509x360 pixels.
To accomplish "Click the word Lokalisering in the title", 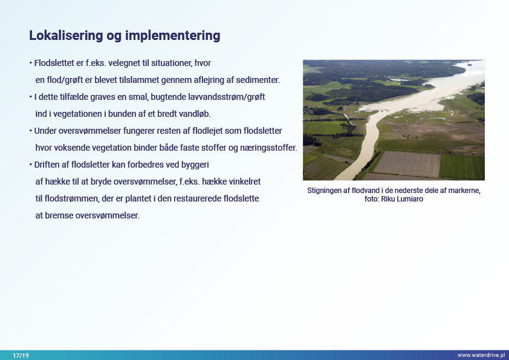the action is pos(66,36).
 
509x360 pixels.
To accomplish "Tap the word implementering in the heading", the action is pos(173,36).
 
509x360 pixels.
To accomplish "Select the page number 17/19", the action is pos(21,355).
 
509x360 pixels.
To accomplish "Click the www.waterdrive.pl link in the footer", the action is pos(481,355).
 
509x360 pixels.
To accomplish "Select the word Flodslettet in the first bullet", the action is pos(54,63).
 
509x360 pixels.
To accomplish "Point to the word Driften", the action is pos(47,165).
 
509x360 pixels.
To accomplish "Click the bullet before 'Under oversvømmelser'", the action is pos(30,131).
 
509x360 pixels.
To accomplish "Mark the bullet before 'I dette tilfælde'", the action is pos(30,97).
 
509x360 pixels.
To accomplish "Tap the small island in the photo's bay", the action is pos(469,64).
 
